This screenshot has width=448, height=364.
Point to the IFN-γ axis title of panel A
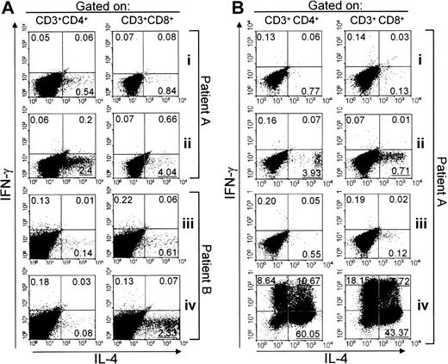click(x=9, y=185)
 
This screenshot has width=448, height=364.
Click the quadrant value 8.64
click(x=259, y=282)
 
